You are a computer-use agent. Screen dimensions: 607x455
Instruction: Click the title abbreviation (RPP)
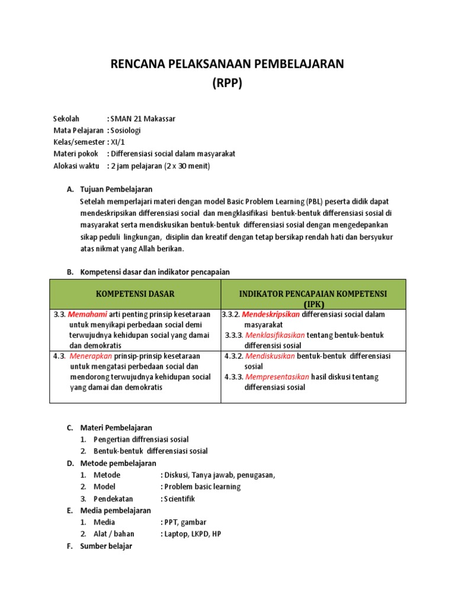[x=227, y=83]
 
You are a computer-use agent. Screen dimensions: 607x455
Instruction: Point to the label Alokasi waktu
[x=76, y=166]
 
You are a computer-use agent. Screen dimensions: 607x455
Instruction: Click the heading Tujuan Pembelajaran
[x=116, y=190]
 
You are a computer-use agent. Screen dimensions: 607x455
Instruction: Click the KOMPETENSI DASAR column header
[x=136, y=293]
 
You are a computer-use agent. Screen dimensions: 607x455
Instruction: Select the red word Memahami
[x=88, y=314]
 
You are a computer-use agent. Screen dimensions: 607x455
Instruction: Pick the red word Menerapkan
[x=90, y=356]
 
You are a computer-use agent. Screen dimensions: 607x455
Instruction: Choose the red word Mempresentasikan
[x=277, y=377]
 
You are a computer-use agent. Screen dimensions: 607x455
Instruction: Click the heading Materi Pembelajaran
[x=116, y=427]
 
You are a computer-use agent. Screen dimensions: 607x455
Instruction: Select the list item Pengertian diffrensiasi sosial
[x=141, y=439]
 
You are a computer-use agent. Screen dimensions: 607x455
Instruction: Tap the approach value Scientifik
[x=179, y=499]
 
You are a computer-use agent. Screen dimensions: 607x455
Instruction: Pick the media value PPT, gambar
[x=184, y=522]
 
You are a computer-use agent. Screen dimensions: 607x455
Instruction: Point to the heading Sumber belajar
[x=106, y=546]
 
